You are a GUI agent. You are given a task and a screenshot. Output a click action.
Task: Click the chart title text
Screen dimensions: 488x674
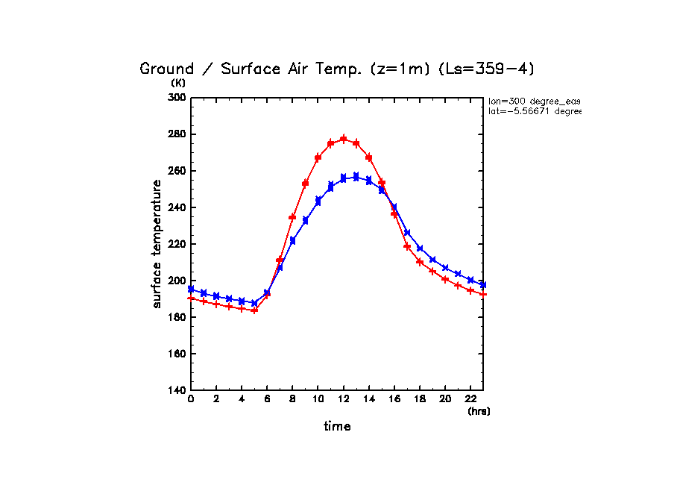(337, 69)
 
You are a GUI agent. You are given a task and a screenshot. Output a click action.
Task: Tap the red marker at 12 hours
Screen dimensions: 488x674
(344, 139)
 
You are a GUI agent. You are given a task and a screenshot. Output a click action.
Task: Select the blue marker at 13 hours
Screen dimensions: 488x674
(356, 177)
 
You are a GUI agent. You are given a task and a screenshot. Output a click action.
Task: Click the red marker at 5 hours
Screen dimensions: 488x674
(254, 310)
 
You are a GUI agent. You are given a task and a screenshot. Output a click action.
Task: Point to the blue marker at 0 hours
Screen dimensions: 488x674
(191, 289)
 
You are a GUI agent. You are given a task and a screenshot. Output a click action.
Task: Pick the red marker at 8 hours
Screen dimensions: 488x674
(292, 217)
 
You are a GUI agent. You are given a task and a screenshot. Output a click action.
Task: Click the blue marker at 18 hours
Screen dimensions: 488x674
(420, 248)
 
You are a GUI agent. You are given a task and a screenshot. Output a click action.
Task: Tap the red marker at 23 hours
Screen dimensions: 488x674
(483, 294)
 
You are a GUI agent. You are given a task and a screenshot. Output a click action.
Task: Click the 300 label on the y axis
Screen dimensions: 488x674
(177, 98)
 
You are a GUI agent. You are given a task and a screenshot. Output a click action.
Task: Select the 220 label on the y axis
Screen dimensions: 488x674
(177, 244)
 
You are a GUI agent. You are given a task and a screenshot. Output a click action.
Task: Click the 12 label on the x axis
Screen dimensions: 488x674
(343, 400)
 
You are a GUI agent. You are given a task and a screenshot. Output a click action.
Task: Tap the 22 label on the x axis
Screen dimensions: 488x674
(470, 400)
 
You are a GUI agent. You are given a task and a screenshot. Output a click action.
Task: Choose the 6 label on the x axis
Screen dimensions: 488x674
(267, 400)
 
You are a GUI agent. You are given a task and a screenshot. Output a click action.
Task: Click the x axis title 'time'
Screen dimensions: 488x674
(337, 427)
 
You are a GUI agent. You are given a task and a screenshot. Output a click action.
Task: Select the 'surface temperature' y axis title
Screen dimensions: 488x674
(157, 244)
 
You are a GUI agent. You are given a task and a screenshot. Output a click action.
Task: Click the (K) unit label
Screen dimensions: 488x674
(178, 83)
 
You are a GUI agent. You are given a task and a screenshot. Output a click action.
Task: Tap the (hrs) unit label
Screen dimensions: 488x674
(479, 411)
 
